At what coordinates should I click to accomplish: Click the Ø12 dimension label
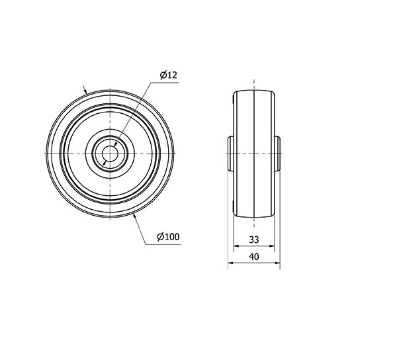click(x=168, y=75)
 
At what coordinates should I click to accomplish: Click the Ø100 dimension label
click(x=168, y=237)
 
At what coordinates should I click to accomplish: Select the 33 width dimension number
click(x=254, y=240)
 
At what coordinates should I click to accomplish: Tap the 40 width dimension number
click(x=254, y=257)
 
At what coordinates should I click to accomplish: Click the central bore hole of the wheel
click(x=110, y=154)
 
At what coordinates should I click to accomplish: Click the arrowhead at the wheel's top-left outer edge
click(x=85, y=91)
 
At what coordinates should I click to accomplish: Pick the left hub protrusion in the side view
click(x=230, y=154)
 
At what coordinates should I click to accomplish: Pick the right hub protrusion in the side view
click(x=277, y=154)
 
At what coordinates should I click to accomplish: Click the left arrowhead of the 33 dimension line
click(x=236, y=246)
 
